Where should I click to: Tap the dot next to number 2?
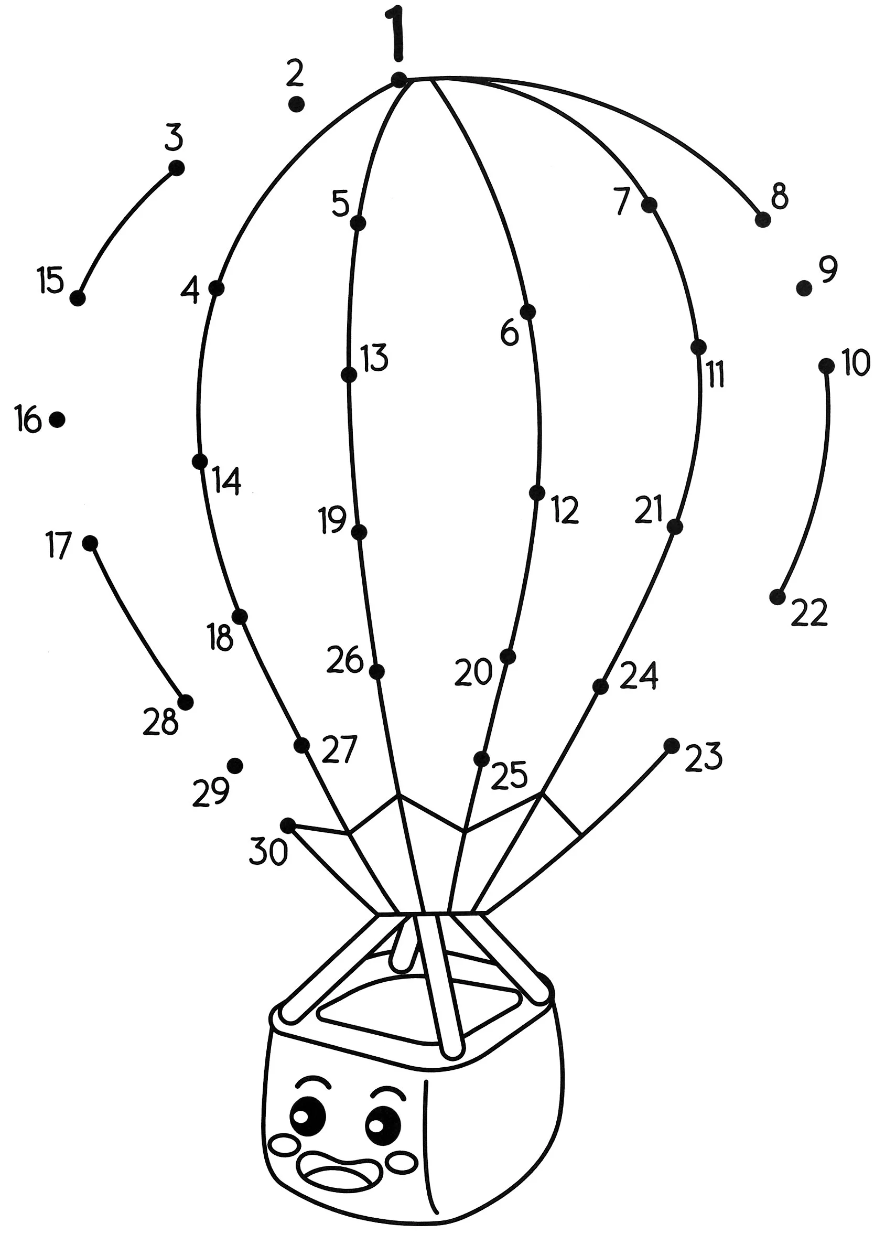point(296,104)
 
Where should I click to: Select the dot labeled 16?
point(57,419)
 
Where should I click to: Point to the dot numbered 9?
point(803,288)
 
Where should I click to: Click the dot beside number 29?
point(235,766)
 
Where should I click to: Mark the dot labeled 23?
point(672,746)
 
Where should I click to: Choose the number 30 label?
point(268,852)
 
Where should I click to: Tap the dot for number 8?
point(763,220)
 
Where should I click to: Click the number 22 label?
point(809,612)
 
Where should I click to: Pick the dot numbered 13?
point(349,374)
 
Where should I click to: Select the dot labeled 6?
point(527,312)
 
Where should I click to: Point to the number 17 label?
point(59,546)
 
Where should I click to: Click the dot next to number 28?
point(186,702)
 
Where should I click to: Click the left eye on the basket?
point(308,1115)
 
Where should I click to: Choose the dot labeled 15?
point(78,298)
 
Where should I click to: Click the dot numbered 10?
point(826,366)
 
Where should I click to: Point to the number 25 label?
point(509,775)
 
